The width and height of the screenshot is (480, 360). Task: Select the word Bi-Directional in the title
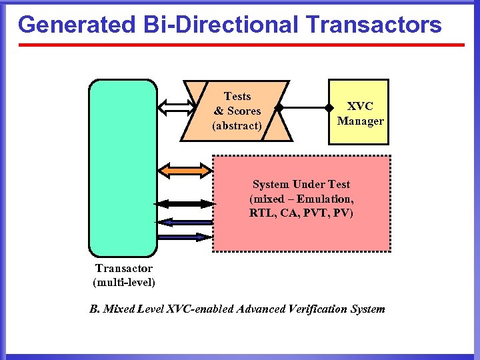click(219, 25)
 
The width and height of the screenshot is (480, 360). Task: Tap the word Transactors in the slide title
click(374, 25)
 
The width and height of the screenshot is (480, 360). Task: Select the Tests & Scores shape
click(237, 111)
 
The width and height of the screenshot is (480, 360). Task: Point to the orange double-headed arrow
click(185, 171)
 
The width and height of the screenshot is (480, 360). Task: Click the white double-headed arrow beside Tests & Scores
click(175, 106)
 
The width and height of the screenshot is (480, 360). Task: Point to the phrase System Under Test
click(301, 184)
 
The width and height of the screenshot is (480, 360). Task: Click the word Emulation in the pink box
click(325, 199)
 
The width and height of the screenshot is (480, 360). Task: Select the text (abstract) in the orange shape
click(237, 125)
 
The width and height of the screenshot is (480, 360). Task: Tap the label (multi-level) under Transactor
click(123, 282)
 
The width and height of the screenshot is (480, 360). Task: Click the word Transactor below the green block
click(123, 268)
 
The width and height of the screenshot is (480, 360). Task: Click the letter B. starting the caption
click(94, 309)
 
